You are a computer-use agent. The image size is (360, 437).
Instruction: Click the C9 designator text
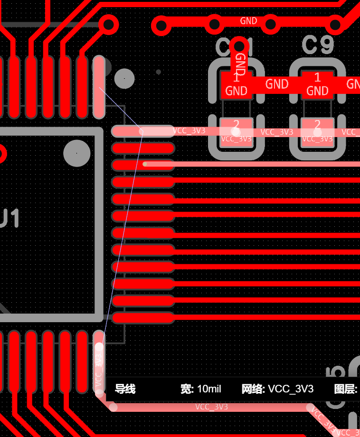tap(318, 46)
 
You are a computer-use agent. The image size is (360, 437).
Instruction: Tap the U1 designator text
tap(9, 219)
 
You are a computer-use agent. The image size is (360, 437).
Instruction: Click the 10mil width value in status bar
tap(208, 389)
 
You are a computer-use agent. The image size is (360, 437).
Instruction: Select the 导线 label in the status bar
tap(125, 389)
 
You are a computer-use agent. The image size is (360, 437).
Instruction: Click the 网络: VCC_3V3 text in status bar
tap(277, 389)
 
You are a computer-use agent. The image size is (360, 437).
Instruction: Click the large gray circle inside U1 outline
tap(77, 153)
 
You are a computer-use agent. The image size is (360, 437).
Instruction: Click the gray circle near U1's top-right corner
tap(124, 78)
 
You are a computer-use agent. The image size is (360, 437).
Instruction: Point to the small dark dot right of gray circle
tap(159, 72)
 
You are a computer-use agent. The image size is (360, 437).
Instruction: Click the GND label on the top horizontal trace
tap(248, 21)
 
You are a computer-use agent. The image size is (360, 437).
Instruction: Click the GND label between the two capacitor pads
tap(277, 84)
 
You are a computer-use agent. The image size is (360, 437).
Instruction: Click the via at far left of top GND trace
tap(161, 25)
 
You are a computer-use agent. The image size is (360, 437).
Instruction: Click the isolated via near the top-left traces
tap(109, 24)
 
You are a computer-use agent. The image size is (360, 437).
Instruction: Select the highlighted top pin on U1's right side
tap(142, 131)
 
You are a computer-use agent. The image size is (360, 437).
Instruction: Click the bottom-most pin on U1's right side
tap(142, 317)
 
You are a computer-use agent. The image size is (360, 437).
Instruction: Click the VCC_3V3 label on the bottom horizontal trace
tap(211, 407)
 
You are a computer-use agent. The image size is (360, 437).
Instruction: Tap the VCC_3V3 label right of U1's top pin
tap(189, 130)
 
